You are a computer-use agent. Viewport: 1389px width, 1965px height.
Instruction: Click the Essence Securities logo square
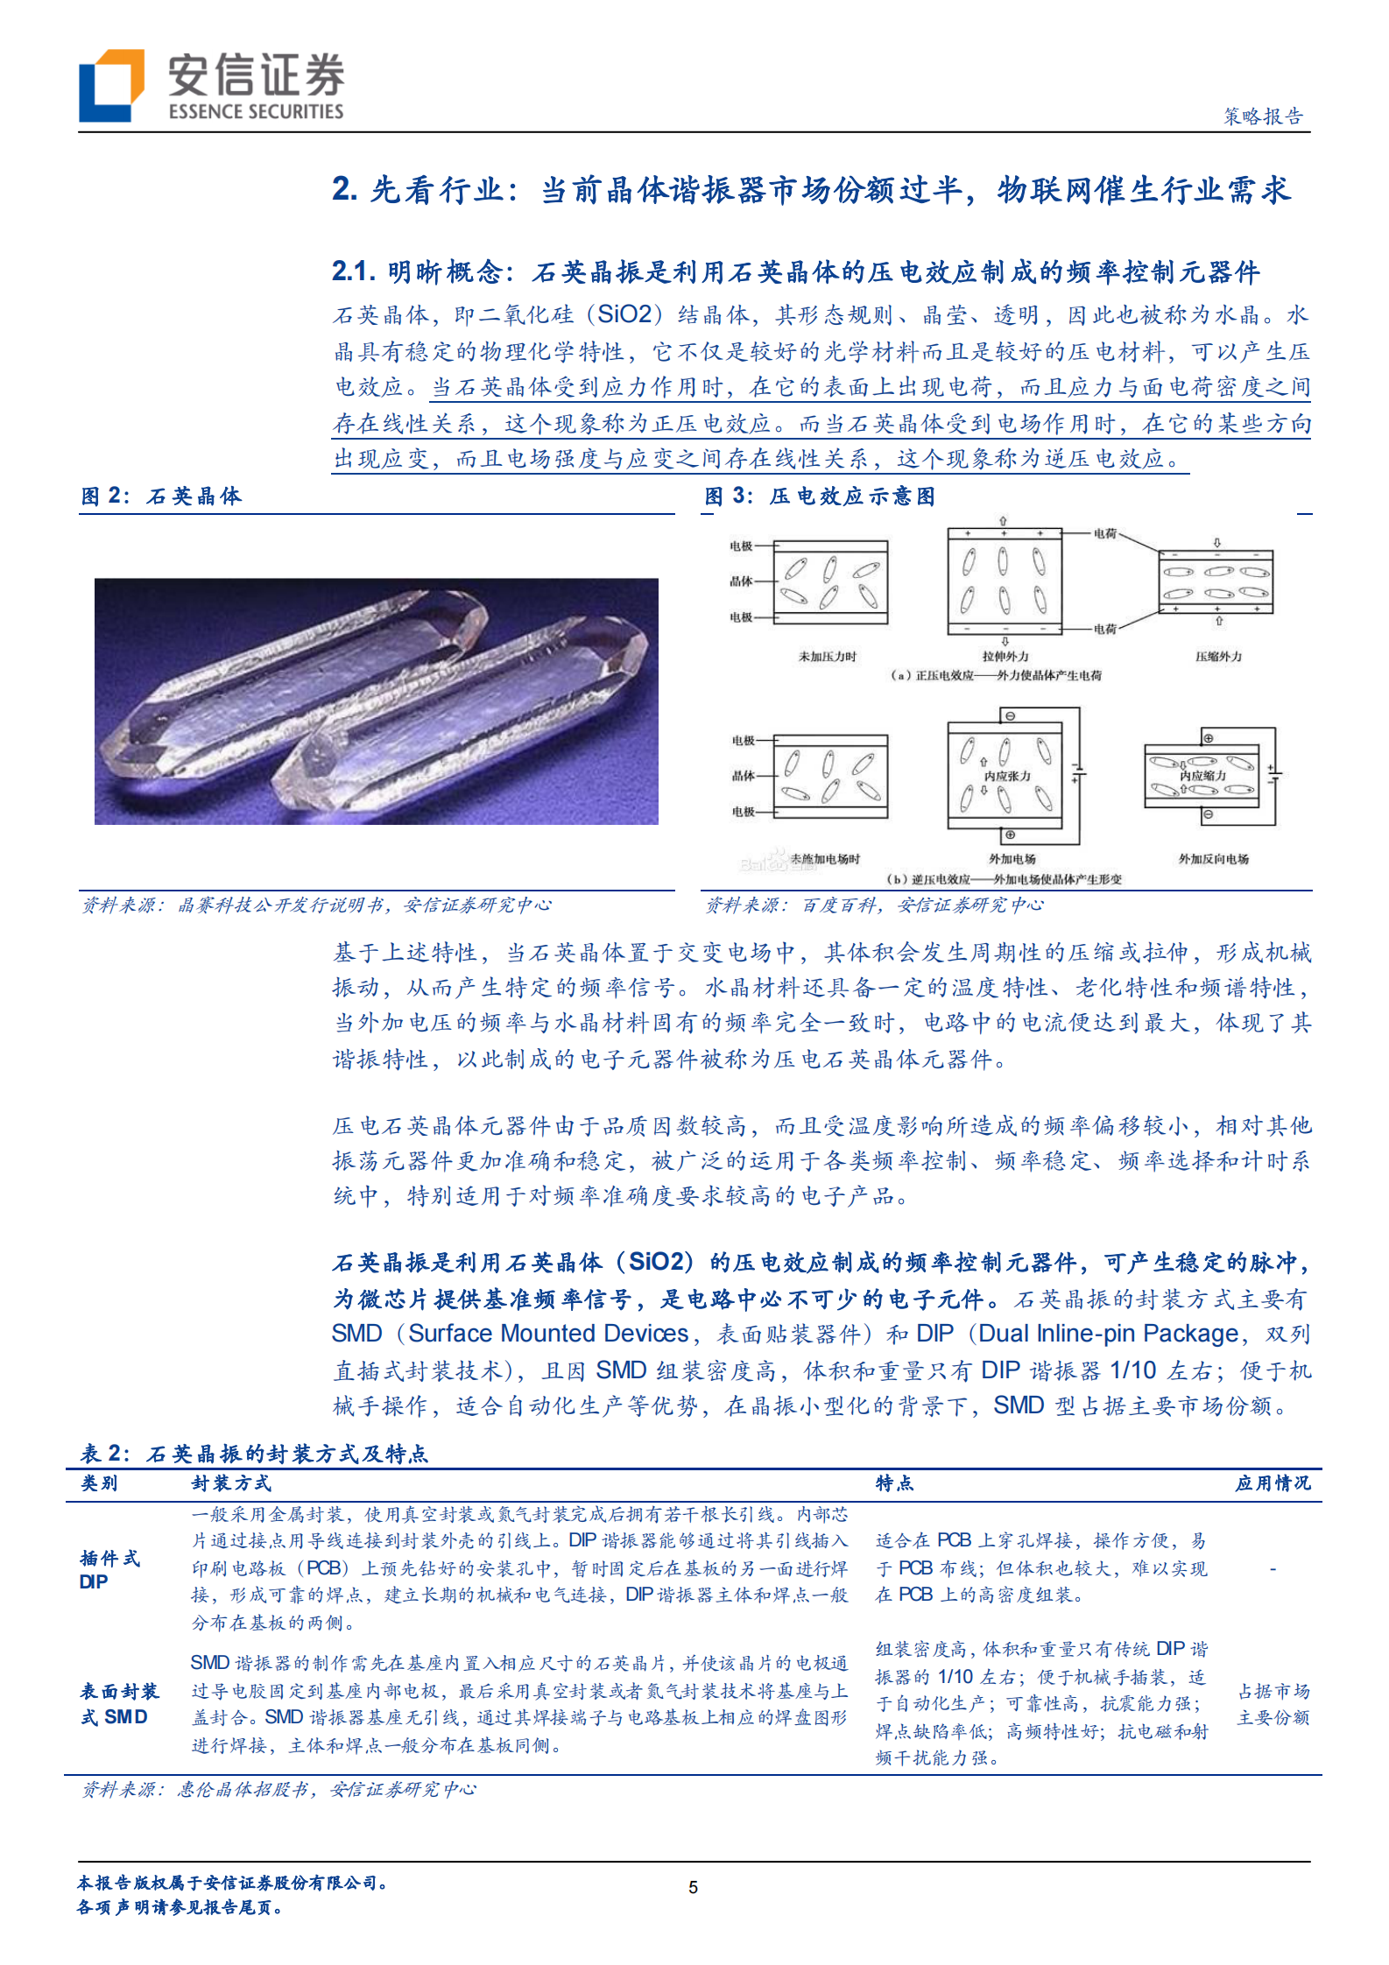(x=111, y=85)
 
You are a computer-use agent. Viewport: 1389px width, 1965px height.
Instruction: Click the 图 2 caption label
(x=161, y=497)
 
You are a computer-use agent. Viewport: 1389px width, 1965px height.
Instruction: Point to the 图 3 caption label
(x=820, y=497)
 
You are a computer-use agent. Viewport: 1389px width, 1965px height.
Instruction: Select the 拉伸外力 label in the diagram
(x=1005, y=656)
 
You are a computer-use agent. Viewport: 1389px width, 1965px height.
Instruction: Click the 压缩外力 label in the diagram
(x=1217, y=656)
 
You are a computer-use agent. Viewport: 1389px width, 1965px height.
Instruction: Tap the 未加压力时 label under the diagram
(x=827, y=656)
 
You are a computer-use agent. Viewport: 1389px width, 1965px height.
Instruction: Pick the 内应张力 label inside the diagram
(x=1006, y=776)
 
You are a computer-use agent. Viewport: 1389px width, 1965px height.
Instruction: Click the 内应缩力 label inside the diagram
(x=1202, y=775)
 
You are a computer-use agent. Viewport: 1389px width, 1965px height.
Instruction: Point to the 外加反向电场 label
(x=1213, y=859)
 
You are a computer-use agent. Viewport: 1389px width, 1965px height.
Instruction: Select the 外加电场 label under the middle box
(x=1012, y=859)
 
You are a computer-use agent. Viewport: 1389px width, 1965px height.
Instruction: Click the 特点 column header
(x=894, y=1483)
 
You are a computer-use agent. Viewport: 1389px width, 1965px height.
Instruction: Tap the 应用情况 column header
(x=1273, y=1483)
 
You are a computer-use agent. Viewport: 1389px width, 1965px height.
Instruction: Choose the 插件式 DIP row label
(x=109, y=1569)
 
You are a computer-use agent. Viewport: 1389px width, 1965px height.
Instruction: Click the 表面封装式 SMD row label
(x=119, y=1703)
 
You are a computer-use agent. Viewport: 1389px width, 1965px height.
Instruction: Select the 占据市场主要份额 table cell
(x=1273, y=1704)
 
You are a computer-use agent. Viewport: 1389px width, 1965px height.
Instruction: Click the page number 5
(x=693, y=1887)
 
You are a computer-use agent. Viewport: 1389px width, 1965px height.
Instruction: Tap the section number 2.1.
(x=354, y=271)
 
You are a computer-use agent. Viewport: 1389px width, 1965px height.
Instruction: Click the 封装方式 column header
(x=231, y=1483)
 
